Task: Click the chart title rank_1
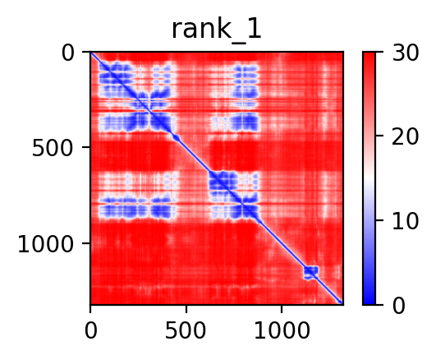216,30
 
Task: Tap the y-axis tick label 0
68,53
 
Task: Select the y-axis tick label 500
53,149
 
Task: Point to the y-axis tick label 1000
46,244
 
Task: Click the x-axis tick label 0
91,331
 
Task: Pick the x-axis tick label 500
186,331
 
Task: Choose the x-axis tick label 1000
282,331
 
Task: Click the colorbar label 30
405,53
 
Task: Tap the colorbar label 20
405,137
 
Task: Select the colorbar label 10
405,222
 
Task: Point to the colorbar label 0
399,307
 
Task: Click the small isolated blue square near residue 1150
311,272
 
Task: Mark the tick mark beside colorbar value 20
379,136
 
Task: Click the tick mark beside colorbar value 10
379,220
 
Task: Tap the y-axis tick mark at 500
86,147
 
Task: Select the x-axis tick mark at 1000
282,309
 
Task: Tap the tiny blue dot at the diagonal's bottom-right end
339,302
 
